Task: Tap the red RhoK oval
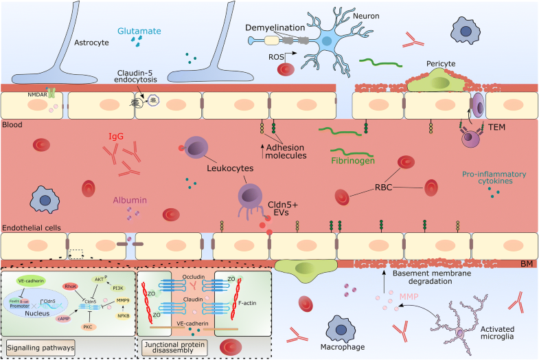click(70, 285)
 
